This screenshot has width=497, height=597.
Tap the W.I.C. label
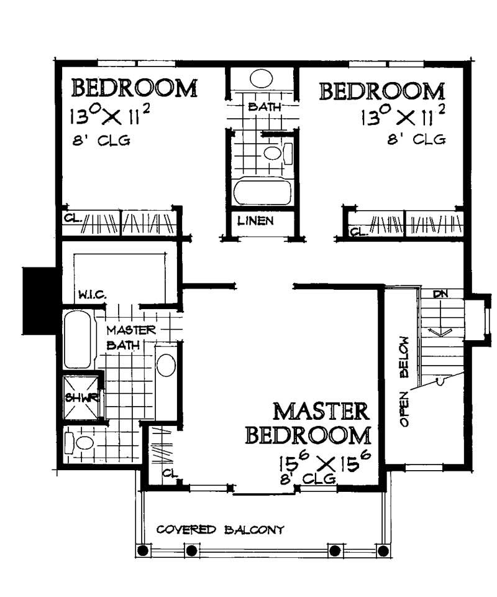tap(89, 292)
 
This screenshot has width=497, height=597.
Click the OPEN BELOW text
tap(404, 382)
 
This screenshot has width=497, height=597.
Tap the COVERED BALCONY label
tap(220, 530)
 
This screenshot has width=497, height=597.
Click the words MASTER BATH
tap(130, 337)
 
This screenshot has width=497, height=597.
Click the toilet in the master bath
tap(81, 443)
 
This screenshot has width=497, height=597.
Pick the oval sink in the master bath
tap(166, 364)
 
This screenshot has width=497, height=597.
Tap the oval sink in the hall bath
tap(261, 79)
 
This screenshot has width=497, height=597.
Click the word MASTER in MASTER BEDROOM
tap(321, 412)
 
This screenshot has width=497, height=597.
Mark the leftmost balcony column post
tap(143, 550)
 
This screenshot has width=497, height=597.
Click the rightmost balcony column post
tap(386, 550)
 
